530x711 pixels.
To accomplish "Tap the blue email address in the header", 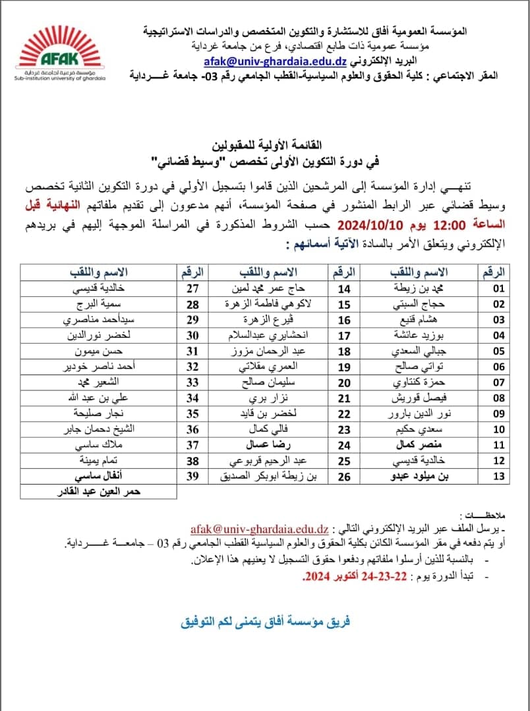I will (275, 61).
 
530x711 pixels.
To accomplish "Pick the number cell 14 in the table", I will (344, 289).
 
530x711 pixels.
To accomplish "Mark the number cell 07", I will (498, 382).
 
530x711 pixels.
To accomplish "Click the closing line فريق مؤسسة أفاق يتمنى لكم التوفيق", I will (265, 621).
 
